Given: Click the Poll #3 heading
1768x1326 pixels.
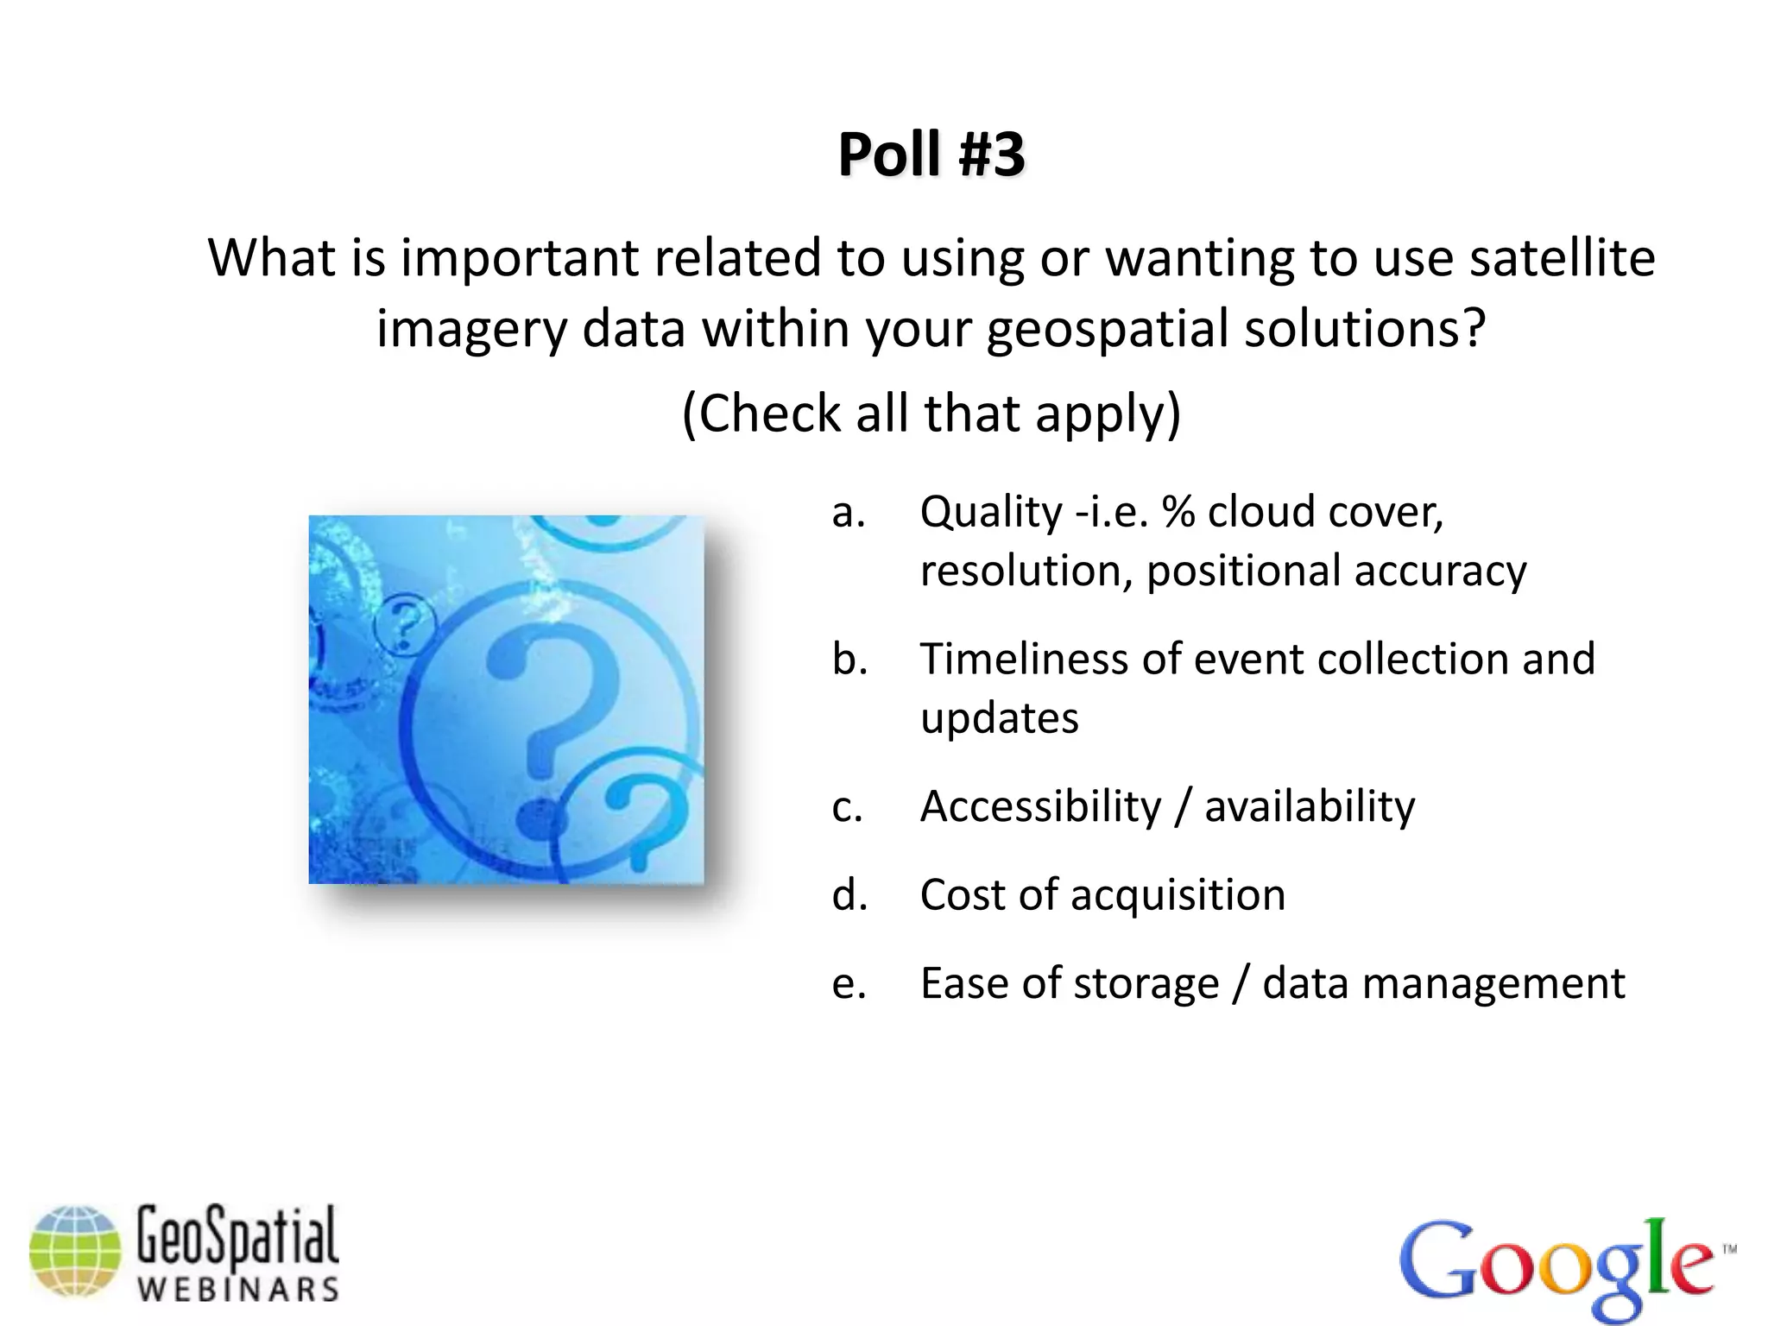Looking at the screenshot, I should pos(931,155).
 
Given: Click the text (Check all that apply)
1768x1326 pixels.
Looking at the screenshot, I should pos(931,414).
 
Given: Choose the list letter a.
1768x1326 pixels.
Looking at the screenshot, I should pos(848,514).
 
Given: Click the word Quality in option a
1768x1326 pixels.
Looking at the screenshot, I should pos(991,513).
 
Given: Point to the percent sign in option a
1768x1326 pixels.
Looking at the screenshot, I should pos(1178,512).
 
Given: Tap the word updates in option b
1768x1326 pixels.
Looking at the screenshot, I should pos(999,719).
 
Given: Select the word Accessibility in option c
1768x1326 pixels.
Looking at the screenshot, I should pos(1040,807).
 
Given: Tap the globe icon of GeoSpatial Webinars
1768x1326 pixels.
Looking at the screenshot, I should pos(75,1251).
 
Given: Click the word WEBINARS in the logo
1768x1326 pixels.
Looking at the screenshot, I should pos(238,1290).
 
